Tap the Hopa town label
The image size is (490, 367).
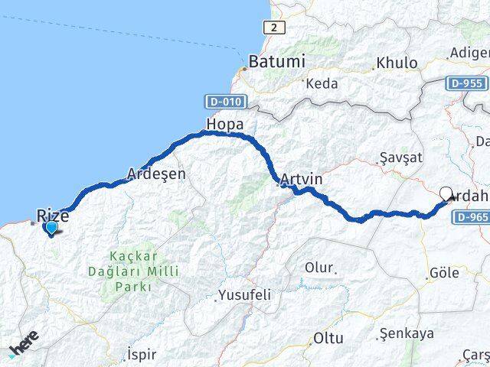224,124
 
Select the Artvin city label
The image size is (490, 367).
301,180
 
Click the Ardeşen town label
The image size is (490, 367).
157,174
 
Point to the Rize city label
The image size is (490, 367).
53,216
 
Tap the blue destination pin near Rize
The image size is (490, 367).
51,228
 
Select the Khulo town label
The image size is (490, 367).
398,63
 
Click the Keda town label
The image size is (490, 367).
322,83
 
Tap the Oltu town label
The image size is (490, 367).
328,338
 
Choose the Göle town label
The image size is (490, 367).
445,272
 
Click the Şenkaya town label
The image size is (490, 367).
407,333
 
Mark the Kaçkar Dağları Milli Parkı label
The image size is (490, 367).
144,271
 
